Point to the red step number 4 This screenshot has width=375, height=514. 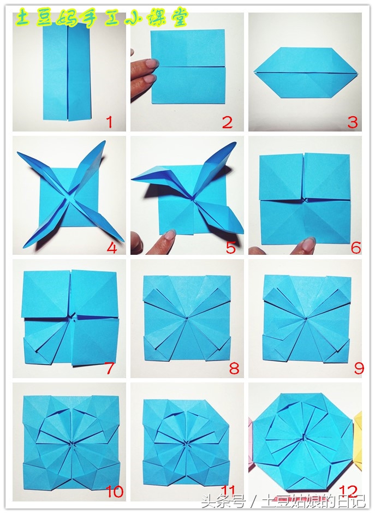[x=112, y=248]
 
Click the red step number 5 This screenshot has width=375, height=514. [x=231, y=248]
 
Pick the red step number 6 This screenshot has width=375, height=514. [x=356, y=248]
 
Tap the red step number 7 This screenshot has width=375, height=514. [x=109, y=368]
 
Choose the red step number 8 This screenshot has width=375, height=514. [x=234, y=368]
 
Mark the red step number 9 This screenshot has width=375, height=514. [x=359, y=368]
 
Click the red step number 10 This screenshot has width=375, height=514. [x=115, y=492]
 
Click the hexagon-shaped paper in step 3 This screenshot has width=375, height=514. [x=306, y=73]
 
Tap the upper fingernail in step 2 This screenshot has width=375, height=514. [x=152, y=63]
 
